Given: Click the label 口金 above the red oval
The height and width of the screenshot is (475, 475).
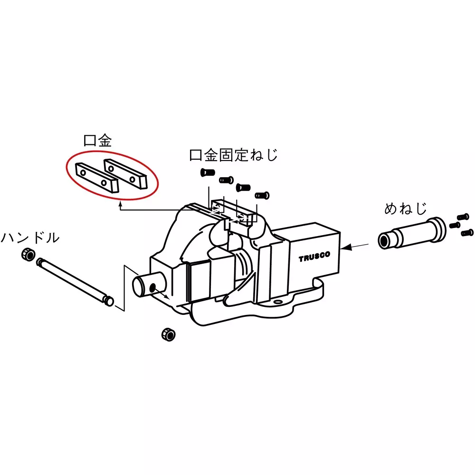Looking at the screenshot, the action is [x=97, y=141].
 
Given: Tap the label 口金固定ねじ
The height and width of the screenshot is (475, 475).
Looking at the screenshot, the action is [x=233, y=155].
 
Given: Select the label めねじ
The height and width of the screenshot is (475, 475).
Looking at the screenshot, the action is [x=405, y=209].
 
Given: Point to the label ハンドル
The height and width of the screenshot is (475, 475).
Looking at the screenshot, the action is [x=30, y=237].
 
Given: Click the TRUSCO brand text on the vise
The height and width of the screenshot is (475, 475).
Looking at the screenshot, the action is [x=314, y=256].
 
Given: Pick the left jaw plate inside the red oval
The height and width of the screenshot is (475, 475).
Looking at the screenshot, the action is [x=96, y=178].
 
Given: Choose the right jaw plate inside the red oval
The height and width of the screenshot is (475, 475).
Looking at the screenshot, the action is [x=125, y=173].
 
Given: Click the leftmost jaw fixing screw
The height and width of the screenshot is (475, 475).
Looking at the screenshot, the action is [x=208, y=173].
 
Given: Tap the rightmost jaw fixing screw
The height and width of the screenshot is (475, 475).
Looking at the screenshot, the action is [x=262, y=195].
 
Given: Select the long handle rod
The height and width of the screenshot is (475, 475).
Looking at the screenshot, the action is [x=75, y=282].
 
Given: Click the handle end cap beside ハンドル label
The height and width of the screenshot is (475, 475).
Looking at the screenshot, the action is [x=28, y=254].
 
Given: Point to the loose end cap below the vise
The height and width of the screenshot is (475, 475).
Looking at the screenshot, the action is [x=169, y=334].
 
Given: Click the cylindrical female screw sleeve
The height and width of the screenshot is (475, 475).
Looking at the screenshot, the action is [x=412, y=234].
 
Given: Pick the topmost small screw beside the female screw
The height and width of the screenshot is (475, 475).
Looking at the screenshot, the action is [x=463, y=217].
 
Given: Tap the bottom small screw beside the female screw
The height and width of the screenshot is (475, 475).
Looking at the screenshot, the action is [x=467, y=233].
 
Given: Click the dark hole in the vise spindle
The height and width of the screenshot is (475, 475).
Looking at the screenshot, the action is [x=153, y=287].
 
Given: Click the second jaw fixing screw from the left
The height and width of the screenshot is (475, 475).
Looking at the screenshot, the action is [x=226, y=180].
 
